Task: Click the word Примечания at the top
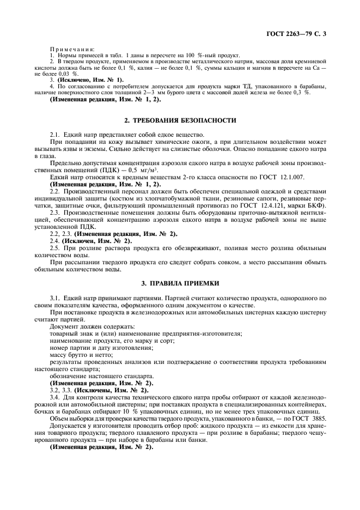[x=72, y=50]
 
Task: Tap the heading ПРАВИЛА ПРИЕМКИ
[x=180, y=283]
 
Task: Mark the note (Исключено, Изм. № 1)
[x=90, y=80]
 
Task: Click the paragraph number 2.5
[x=54, y=247]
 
